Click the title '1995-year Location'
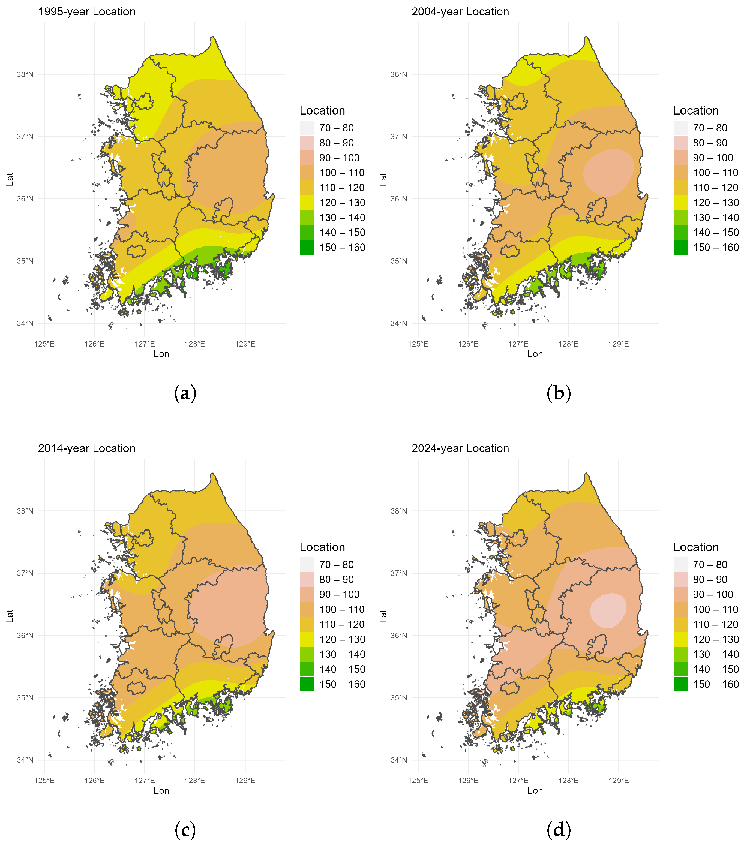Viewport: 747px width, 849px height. click(87, 12)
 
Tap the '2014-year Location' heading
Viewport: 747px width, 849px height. click(87, 448)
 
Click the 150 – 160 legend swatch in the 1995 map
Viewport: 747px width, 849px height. click(307, 248)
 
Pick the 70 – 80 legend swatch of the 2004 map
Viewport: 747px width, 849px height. click(680, 128)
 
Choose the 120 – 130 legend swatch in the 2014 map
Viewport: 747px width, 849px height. click(307, 639)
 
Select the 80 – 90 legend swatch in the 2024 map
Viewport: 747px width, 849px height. click(680, 579)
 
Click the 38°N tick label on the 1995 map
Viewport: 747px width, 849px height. click(25, 75)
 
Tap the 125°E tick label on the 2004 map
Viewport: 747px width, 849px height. click(418, 344)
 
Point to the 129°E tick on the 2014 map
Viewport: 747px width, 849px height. click(245, 781)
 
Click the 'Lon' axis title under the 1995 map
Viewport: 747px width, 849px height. click(161, 354)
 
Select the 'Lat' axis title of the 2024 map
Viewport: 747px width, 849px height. click(383, 616)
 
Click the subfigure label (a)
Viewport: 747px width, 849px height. click(185, 393)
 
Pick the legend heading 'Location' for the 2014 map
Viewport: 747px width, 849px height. click(322, 547)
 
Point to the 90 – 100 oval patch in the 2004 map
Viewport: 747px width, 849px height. click(609, 172)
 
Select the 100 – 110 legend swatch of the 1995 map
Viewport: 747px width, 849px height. click(307, 173)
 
